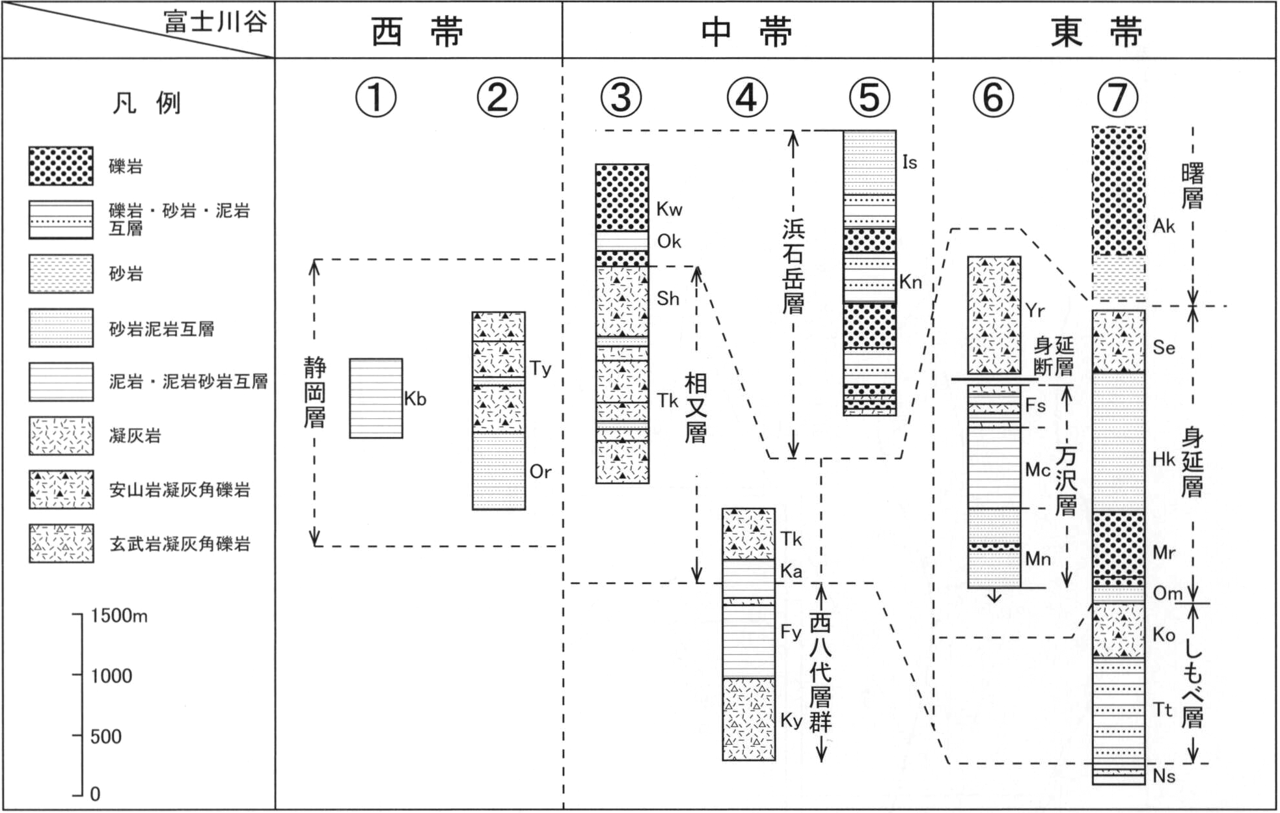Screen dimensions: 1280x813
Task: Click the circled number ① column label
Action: [x=375, y=98]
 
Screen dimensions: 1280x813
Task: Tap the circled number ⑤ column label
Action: [x=870, y=98]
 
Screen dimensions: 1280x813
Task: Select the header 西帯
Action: [x=418, y=32]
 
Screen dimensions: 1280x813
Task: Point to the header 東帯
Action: [x=1097, y=32]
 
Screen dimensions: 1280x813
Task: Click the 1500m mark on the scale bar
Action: [x=119, y=615]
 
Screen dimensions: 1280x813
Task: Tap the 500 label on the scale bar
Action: [x=105, y=736]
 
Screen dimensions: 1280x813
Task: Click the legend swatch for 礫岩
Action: [x=61, y=166]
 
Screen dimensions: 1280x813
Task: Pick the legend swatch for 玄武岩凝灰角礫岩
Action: [x=61, y=543]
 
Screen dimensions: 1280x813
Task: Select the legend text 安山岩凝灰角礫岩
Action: [x=180, y=490]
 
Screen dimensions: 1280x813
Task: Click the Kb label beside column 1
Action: [x=415, y=399]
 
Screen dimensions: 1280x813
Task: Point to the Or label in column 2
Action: [x=540, y=472]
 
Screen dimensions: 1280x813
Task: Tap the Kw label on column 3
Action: [x=669, y=209]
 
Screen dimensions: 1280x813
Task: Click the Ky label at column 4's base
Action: [x=791, y=721]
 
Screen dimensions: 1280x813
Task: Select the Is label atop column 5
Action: [x=910, y=162]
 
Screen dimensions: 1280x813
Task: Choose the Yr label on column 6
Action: [x=1035, y=311]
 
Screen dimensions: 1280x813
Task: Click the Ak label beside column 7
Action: [x=1164, y=226]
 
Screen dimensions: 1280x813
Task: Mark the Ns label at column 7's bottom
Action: [x=1164, y=776]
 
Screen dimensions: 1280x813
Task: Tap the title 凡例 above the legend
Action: [x=146, y=103]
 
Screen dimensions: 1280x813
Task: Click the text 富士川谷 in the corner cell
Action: [x=215, y=22]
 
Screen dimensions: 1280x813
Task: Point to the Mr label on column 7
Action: [x=1164, y=552]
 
